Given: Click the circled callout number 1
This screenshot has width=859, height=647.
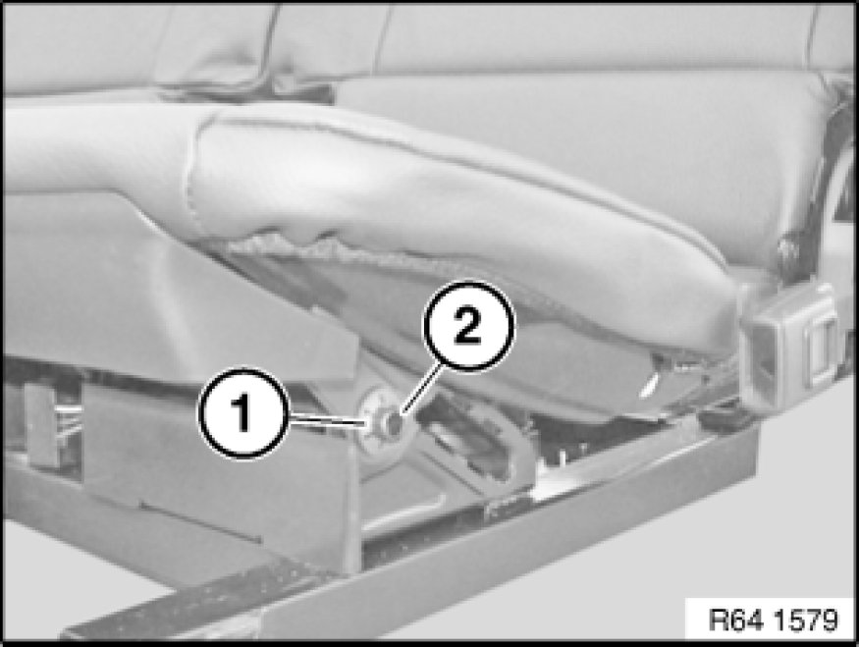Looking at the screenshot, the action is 242,413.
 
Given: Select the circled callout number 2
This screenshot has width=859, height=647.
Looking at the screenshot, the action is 468,326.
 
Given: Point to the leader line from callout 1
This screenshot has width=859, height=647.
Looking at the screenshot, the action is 326,419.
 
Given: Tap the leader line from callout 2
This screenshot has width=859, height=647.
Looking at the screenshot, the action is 421,390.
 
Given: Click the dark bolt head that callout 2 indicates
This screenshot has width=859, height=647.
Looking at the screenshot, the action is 394,423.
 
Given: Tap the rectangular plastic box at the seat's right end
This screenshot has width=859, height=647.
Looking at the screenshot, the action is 790,347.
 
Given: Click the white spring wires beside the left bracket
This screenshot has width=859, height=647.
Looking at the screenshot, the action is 70,419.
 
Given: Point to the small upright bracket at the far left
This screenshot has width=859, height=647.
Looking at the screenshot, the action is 41,424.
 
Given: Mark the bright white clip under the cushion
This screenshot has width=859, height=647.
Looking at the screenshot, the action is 649,384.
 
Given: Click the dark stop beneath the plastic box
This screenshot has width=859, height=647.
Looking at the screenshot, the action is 724,418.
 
